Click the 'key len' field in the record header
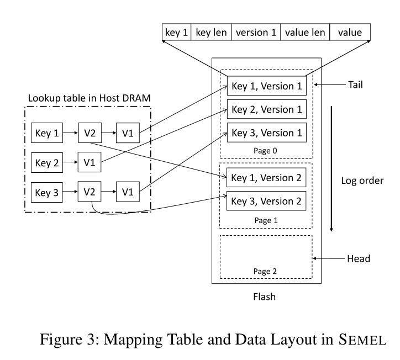point(211,32)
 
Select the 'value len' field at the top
point(305,32)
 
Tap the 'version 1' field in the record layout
point(256,32)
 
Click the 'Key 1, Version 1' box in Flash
point(267,86)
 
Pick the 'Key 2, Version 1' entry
point(267,109)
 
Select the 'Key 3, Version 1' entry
point(267,133)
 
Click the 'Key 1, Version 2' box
point(266,177)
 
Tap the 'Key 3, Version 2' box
point(266,201)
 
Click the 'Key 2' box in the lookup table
point(47,163)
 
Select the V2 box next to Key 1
point(90,133)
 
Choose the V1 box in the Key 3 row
point(128,192)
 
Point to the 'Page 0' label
point(265,151)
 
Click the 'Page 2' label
point(265,271)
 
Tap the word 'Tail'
point(355,84)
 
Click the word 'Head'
point(359,258)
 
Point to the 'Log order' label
point(362,181)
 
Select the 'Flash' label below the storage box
point(264,297)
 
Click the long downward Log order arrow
point(331,169)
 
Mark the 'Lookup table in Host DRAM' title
point(90,98)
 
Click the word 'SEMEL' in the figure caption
point(362,340)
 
